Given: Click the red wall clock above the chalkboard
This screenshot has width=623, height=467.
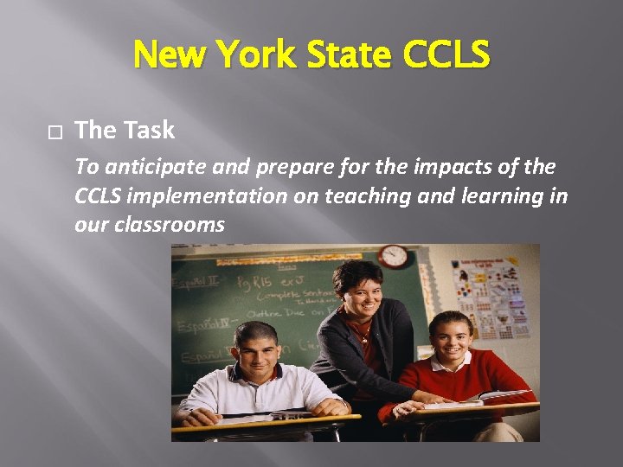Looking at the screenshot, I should click(395, 256).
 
